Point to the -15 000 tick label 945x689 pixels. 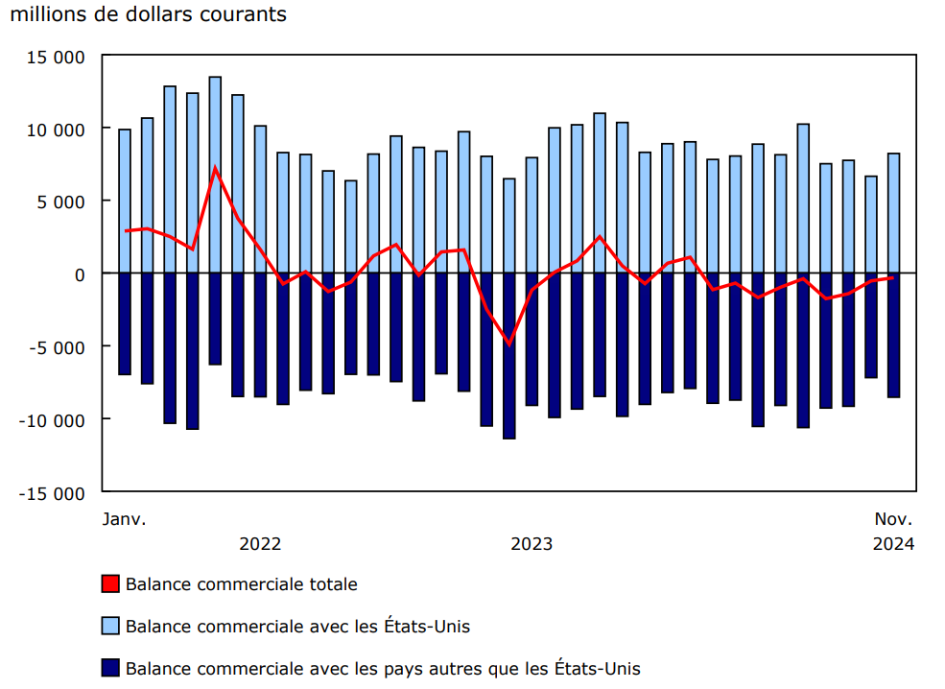coord(56,492)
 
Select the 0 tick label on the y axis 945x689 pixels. coord(81,274)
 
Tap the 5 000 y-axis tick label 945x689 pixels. coord(64,202)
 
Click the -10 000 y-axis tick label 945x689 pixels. coord(56,419)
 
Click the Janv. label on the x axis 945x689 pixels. coord(125,519)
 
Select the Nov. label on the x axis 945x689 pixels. coord(894,519)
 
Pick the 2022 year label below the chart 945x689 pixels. coord(260,544)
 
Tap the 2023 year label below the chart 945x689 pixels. coord(532,544)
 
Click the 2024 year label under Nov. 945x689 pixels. coord(894,544)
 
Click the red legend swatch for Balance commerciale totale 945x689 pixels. coord(110,583)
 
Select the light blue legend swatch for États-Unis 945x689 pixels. coord(110,627)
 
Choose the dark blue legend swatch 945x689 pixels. coord(110,668)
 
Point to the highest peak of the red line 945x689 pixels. coord(215,168)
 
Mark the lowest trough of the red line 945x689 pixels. coord(509,344)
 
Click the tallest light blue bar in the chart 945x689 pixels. coord(215,173)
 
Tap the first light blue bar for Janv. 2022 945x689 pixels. coord(125,202)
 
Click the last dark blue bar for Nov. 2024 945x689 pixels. coord(894,336)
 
